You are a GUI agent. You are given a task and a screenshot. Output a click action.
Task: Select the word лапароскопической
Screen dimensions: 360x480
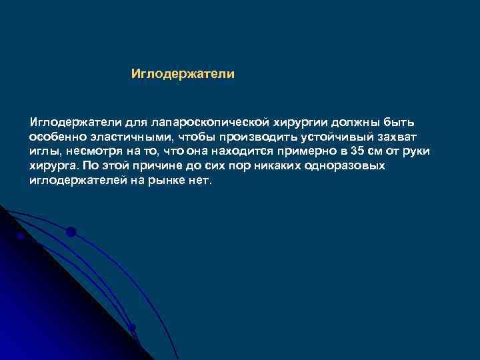tap(210, 123)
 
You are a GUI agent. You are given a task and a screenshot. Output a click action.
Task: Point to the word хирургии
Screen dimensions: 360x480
tap(299, 123)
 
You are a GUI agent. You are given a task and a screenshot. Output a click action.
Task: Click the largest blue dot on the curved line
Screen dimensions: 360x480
tap(71, 232)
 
